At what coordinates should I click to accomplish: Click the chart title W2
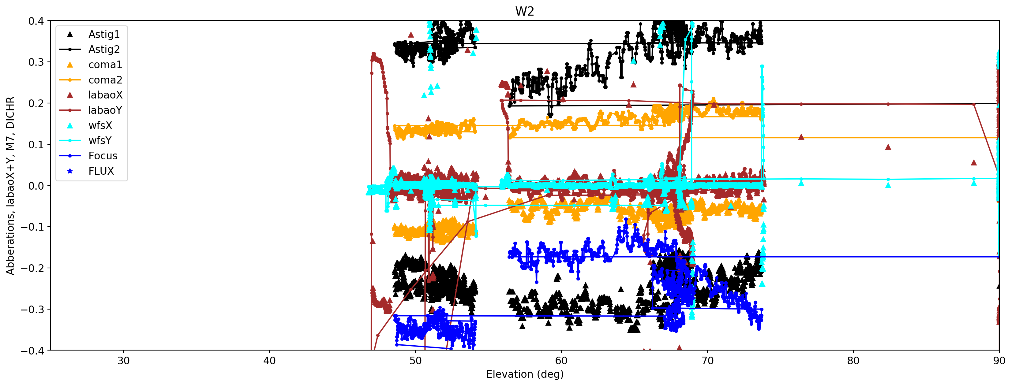pos(524,11)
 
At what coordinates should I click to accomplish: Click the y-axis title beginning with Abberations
pos(10,185)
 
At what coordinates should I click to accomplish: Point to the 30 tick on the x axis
pos(123,361)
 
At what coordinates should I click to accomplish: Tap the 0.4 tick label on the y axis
pos(36,21)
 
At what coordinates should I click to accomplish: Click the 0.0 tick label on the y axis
pos(36,186)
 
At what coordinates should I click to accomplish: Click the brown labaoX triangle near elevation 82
pos(888,147)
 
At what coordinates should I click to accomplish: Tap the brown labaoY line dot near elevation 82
pos(888,104)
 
